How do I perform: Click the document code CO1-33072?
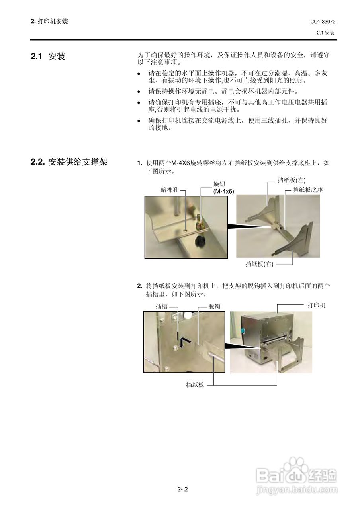[322, 22]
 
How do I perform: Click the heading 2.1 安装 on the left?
[48, 57]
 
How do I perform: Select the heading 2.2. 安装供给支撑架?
[69, 162]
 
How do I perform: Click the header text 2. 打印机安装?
[49, 21]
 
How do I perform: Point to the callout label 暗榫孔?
[169, 190]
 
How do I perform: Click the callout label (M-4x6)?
[223, 191]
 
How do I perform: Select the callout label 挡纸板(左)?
[291, 180]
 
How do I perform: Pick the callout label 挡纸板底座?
[307, 190]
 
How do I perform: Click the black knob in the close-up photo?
[199, 241]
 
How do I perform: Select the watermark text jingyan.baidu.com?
[297, 489]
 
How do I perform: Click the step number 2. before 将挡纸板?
[139, 286]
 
